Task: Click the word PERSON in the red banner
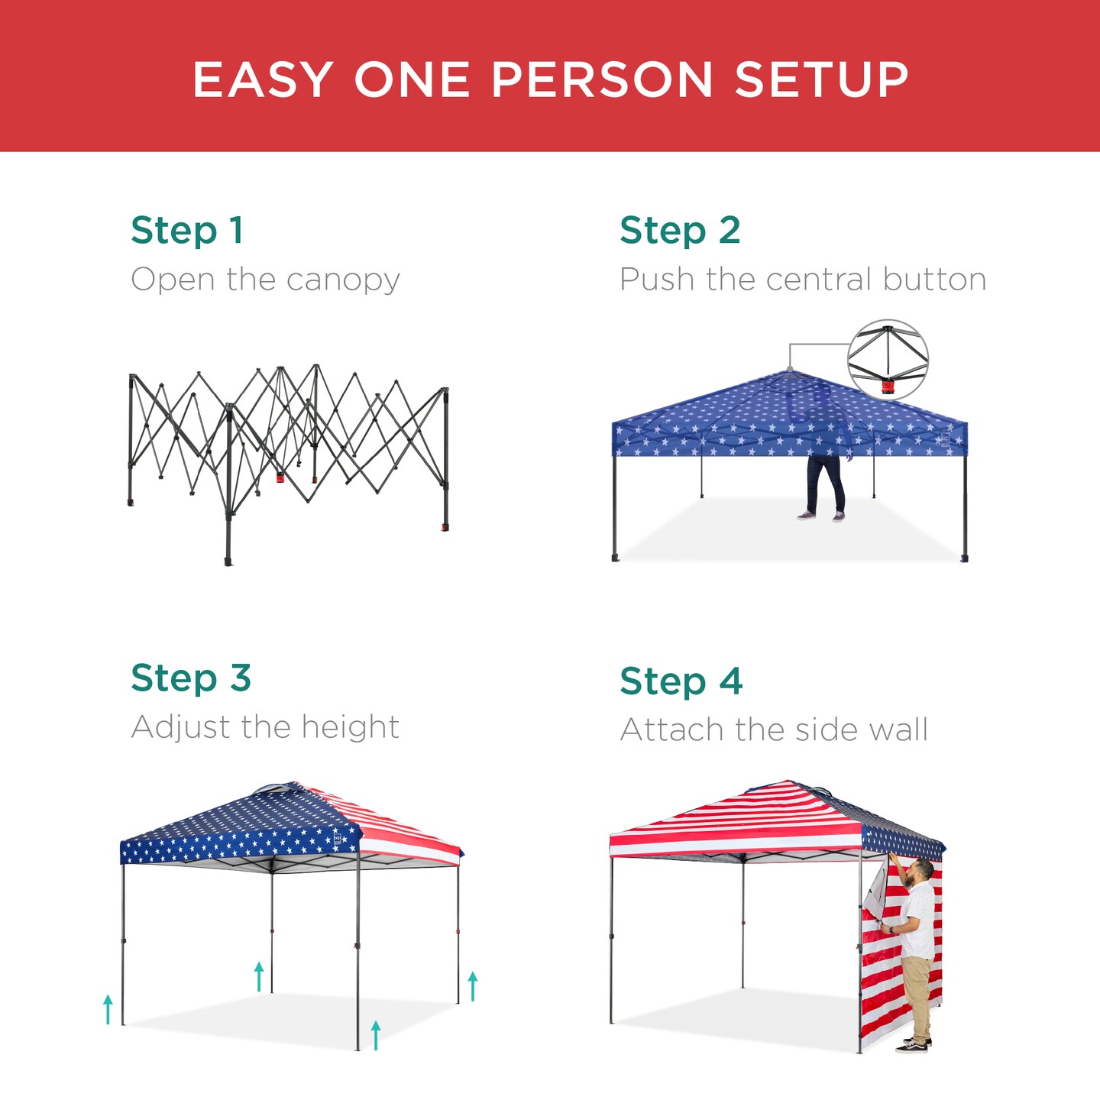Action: click(x=602, y=79)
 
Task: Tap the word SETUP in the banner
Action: click(x=821, y=79)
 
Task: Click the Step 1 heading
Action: click(x=187, y=230)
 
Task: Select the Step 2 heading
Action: click(x=680, y=230)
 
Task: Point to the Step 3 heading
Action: click(x=191, y=678)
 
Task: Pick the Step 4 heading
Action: click(x=681, y=681)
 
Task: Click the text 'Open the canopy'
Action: click(x=265, y=280)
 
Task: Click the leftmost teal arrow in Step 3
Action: click(x=108, y=1008)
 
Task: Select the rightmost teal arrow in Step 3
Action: click(x=473, y=985)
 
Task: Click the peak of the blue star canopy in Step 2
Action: click(x=789, y=372)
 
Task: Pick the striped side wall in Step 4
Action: click(x=878, y=985)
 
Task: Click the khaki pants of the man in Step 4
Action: click(x=917, y=993)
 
